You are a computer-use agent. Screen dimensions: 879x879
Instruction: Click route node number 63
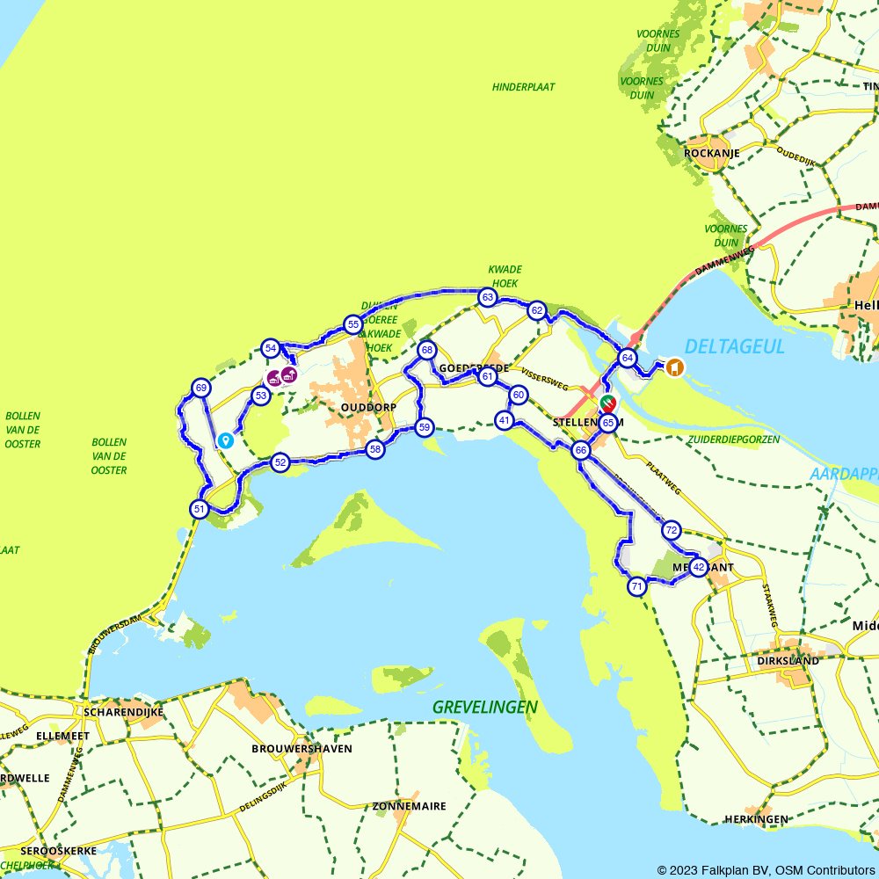(487, 298)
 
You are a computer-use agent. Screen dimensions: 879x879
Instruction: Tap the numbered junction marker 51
(200, 509)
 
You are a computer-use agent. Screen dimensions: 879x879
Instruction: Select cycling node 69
(201, 389)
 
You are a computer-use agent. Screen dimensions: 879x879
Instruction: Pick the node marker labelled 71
(637, 586)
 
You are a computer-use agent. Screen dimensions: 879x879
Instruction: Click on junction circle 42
(698, 567)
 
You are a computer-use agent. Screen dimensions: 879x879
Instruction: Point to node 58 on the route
(375, 449)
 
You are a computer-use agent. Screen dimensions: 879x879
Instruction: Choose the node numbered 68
(427, 351)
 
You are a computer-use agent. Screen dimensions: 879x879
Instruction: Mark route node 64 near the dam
(627, 358)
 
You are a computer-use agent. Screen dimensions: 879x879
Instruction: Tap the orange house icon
(674, 367)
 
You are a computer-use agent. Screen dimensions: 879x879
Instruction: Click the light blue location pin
(226, 440)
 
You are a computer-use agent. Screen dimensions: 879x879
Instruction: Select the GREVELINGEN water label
(484, 707)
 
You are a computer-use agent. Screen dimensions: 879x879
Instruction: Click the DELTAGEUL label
(734, 346)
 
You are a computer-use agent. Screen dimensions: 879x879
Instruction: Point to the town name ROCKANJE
(711, 153)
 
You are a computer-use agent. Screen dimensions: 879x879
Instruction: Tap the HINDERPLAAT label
(523, 87)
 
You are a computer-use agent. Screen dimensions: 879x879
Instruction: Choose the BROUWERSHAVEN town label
(301, 749)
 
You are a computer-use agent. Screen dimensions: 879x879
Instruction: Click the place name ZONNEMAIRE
(409, 806)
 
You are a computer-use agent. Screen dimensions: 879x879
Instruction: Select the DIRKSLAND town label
(788, 660)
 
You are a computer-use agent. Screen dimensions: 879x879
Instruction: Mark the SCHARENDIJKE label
(123, 712)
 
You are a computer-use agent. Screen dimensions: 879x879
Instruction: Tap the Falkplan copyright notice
(766, 869)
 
